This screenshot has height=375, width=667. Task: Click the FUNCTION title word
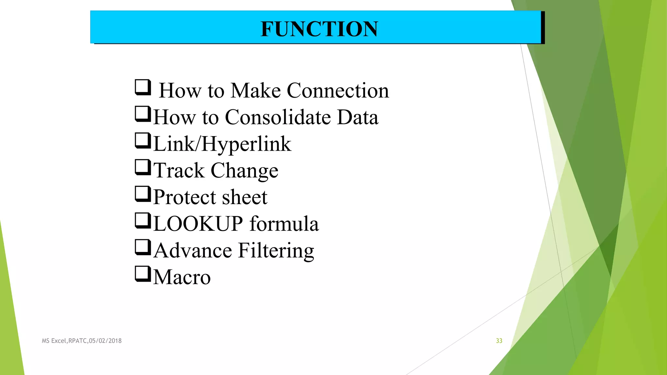tap(319, 29)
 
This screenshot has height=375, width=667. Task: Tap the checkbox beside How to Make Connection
tap(143, 87)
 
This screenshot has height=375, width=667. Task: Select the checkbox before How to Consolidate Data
tap(143, 114)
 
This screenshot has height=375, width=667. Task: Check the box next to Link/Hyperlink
tap(143, 141)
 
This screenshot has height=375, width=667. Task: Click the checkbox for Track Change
tap(143, 167)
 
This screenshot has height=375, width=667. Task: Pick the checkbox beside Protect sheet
tap(143, 194)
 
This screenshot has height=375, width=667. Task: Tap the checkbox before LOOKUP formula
tap(143, 221)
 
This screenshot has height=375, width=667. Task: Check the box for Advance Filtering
tap(143, 247)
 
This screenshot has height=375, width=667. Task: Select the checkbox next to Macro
tap(143, 274)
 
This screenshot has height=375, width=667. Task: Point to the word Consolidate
tap(277, 117)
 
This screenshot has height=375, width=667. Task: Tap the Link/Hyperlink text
tap(222, 144)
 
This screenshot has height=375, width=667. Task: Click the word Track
tap(179, 170)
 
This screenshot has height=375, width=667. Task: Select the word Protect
tap(185, 197)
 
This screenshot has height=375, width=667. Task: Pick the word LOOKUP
tap(198, 224)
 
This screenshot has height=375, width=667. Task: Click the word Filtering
tap(276, 251)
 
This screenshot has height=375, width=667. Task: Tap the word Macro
tap(182, 277)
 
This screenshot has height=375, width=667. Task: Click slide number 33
tap(499, 341)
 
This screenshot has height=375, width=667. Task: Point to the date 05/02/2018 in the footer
tap(105, 341)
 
